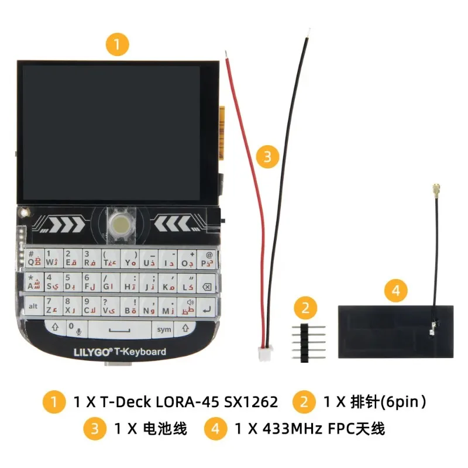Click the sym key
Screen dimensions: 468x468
click(x=164, y=329)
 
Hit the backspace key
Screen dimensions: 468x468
click(x=205, y=287)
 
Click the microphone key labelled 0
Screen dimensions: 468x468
click(x=74, y=329)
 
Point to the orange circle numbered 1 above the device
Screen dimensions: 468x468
click(x=116, y=44)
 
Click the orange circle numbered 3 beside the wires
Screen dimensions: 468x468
click(x=267, y=156)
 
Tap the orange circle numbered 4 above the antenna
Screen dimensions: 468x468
click(x=395, y=289)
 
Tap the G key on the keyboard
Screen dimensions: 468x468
click(x=110, y=287)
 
